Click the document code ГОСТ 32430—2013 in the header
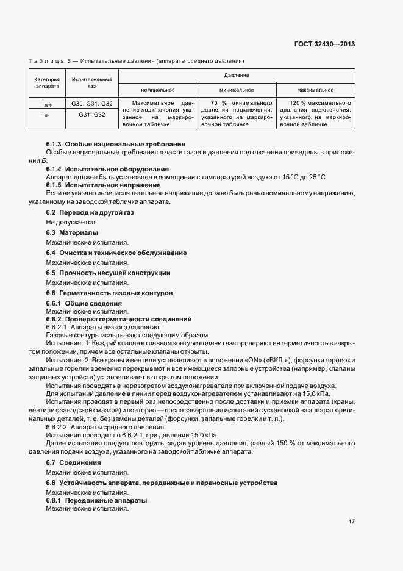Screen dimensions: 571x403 pyautogui.click(x=324, y=44)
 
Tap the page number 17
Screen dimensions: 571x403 pyautogui.click(x=352, y=522)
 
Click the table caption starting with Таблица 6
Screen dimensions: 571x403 pyautogui.click(x=136, y=61)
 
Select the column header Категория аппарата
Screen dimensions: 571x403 pyautogui.click(x=47, y=83)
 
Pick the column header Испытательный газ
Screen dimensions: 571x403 pyautogui.click(x=91, y=83)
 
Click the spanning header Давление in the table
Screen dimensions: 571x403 pyautogui.click(x=237, y=76)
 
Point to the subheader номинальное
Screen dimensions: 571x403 pyautogui.click(x=158, y=90)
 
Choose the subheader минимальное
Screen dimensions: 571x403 pyautogui.click(x=237, y=90)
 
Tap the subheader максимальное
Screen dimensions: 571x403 pyautogui.click(x=315, y=90)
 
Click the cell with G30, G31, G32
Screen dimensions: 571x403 pyautogui.click(x=91, y=103)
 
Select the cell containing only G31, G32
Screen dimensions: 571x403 pyautogui.click(x=91, y=114)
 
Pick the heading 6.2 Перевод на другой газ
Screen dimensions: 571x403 pyautogui.click(x=90, y=212)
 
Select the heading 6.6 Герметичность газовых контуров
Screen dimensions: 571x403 pyautogui.click(x=110, y=293)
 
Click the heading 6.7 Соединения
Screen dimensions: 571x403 pyautogui.click(x=74, y=463)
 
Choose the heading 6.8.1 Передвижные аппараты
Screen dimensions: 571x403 pyautogui.click(x=97, y=500)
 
